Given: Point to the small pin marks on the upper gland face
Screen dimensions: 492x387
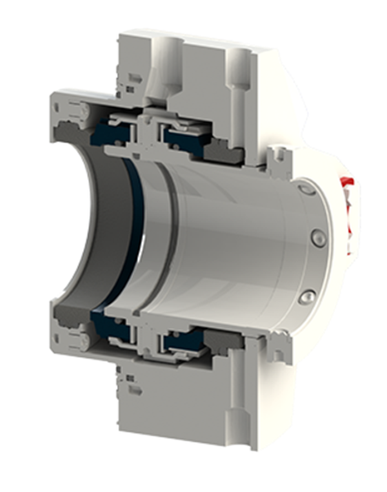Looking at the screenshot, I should pyautogui.click(x=134, y=79).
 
